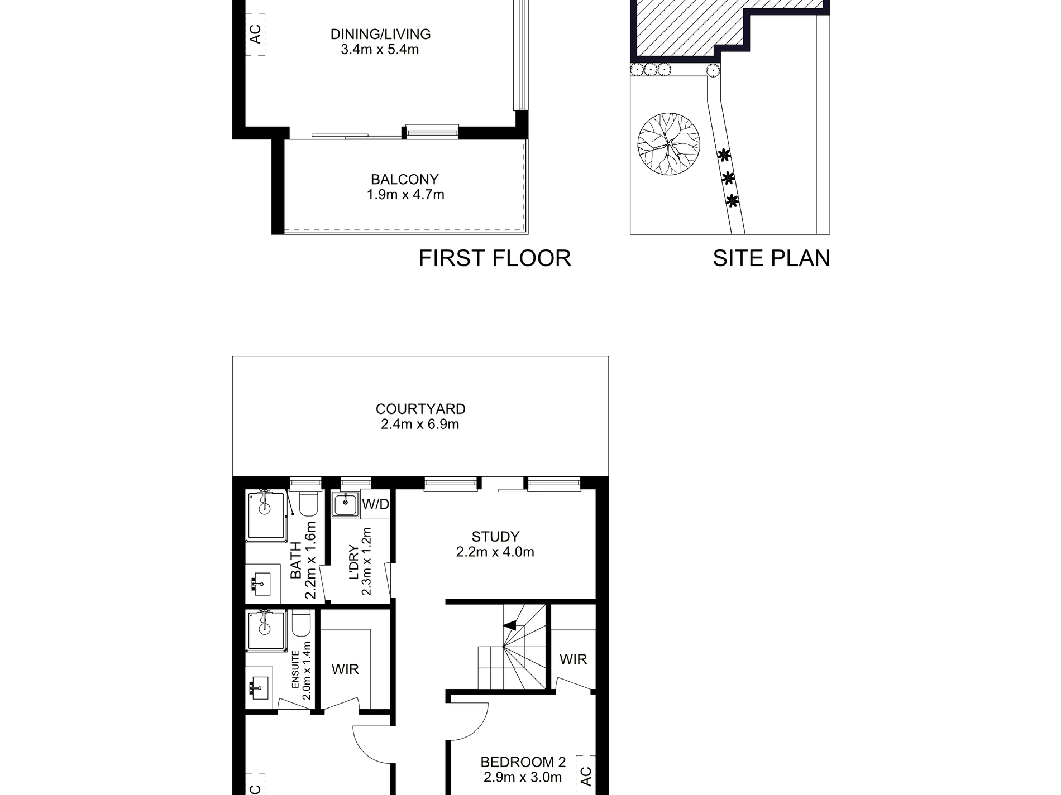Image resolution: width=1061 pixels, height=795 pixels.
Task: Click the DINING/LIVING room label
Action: coord(380,34)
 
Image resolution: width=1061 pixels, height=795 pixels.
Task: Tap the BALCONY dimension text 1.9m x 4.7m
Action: coord(405,195)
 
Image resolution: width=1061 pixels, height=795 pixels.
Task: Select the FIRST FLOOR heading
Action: coord(494,258)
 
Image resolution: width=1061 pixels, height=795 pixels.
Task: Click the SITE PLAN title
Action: coord(771,258)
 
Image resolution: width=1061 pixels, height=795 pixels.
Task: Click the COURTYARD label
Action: coord(420,409)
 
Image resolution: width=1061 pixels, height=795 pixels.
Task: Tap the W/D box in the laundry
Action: coord(375,505)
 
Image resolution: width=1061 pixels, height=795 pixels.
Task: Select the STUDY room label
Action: coord(495,537)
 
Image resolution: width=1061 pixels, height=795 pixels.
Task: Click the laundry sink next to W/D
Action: coord(346,505)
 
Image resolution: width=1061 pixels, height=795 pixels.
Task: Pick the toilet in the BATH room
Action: coord(308,504)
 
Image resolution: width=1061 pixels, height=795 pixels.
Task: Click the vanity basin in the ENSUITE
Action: coord(260,687)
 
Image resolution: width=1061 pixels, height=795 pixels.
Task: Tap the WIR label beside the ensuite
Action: coord(345,669)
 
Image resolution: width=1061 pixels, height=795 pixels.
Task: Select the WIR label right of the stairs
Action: coord(573,659)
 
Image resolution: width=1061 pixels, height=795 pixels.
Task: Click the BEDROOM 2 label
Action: coord(523,762)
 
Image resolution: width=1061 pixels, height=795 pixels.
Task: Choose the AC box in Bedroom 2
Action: coord(585,776)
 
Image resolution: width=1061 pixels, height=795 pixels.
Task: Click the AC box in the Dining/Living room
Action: coord(255,35)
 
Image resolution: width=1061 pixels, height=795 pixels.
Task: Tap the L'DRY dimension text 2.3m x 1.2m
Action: coord(366,561)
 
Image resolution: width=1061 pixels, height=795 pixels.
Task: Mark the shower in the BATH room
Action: coord(266,516)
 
